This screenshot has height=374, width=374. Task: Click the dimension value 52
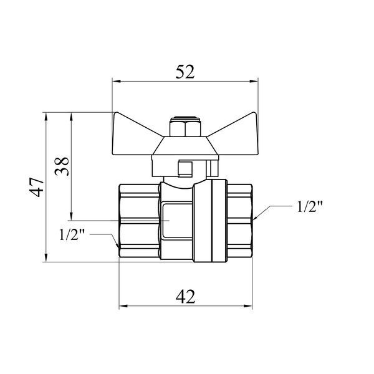pos(185,72)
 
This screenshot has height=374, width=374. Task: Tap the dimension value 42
pos(185,297)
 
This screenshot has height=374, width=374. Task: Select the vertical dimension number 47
pos(37,187)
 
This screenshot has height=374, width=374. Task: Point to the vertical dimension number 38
pos(62,166)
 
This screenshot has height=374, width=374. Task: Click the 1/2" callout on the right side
pos(310,206)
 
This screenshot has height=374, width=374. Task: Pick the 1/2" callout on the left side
pos(72,235)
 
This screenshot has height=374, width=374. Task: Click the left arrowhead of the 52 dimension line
pos(116,81)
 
